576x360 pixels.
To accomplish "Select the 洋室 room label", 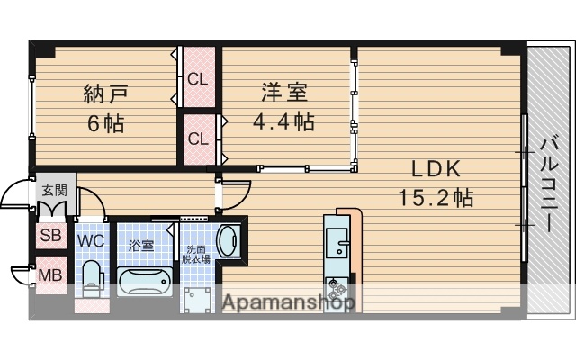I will [284, 92].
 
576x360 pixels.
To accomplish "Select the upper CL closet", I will [197, 78].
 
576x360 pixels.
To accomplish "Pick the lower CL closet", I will [197, 139].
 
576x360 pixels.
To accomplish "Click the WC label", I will [90, 241].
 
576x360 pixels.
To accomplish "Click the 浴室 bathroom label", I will [140, 245].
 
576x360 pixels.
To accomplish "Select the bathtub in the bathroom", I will [145, 281].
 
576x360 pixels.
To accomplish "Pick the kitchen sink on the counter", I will [339, 243].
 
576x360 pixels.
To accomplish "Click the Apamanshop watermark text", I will [287, 303].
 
